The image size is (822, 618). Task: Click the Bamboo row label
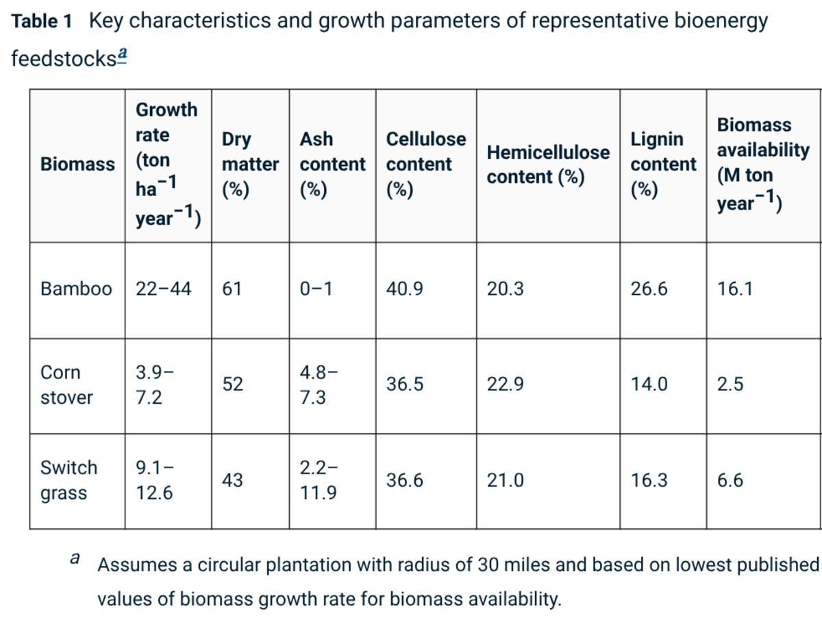pos(77,289)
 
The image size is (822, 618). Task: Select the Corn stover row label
pos(66,385)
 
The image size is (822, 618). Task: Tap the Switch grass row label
pos(69,480)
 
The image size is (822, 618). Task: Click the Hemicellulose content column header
pos(548,165)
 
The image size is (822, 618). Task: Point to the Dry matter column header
pos(250,165)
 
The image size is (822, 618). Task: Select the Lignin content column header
pos(663,165)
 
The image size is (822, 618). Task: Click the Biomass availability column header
pos(763,165)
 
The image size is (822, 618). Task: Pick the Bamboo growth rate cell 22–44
pos(163,289)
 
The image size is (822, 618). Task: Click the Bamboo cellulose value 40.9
pos(404,289)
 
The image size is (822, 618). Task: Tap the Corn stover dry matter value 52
pos(232,384)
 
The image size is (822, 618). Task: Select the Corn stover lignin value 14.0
pos(649,384)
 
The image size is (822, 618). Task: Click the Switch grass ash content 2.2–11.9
pos(319,480)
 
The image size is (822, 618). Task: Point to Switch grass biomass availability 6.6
pos(730,480)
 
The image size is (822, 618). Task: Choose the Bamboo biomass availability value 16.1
pos(735,289)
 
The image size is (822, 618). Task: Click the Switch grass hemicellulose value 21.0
pos(505,480)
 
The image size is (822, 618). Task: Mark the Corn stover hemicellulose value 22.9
pos(505,384)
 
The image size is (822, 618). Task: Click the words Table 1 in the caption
pos(42,21)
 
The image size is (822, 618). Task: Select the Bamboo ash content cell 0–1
pos(316,289)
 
